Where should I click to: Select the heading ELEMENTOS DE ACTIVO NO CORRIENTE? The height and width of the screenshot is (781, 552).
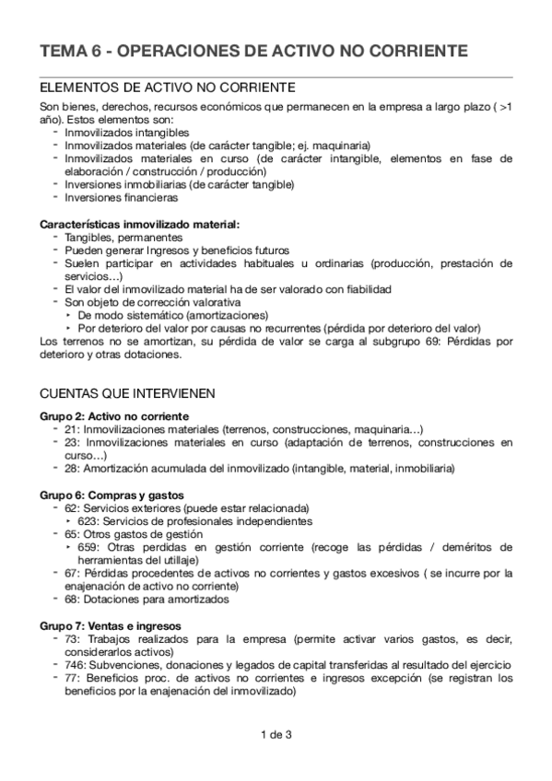tap(168, 87)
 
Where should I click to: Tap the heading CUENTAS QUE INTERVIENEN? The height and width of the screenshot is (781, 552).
tap(128, 393)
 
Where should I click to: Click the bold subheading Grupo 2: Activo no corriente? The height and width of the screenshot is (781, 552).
tap(114, 415)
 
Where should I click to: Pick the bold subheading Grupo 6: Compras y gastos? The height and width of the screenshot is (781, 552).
tap(112, 495)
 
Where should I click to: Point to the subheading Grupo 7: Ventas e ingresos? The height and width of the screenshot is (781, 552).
tap(110, 626)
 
